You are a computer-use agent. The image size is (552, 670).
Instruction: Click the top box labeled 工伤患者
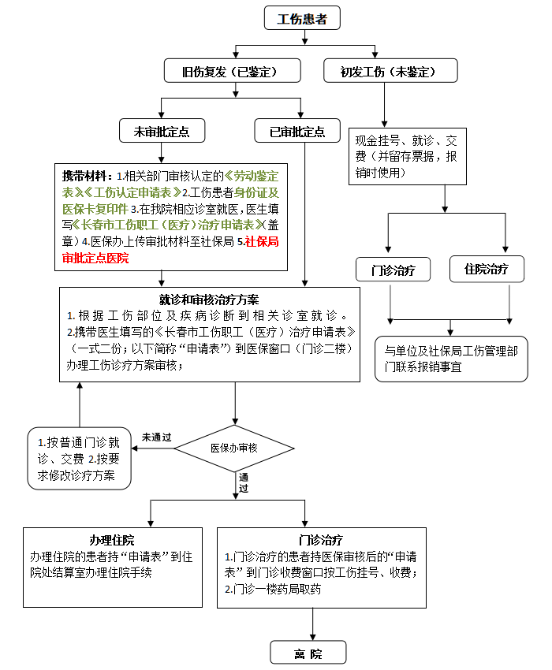(302, 18)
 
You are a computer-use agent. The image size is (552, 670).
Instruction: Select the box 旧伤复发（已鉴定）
(232, 70)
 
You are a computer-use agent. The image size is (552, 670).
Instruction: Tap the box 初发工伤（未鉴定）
(390, 70)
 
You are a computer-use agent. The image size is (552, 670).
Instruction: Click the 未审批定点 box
(162, 130)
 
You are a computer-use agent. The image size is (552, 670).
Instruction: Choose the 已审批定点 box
(297, 130)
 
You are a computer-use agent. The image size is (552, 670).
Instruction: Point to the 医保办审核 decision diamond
(234, 449)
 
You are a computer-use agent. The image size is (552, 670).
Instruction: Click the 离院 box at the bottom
(308, 653)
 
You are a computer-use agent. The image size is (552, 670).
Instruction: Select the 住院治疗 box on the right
(487, 269)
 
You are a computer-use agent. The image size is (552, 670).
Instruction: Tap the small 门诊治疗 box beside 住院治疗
(393, 270)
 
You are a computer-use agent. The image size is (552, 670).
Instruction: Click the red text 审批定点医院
(95, 258)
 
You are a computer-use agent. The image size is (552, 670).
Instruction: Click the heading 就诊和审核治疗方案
(209, 300)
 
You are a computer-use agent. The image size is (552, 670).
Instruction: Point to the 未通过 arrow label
(156, 437)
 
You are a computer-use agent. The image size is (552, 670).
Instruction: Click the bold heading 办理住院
(112, 540)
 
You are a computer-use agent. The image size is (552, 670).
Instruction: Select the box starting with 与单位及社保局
(451, 359)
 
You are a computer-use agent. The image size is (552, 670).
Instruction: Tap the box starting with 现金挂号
(408, 156)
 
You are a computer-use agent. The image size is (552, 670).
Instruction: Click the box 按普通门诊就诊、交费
(79, 459)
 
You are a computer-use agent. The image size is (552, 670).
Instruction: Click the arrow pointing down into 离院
(312, 624)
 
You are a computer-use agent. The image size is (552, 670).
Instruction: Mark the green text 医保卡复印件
(95, 209)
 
